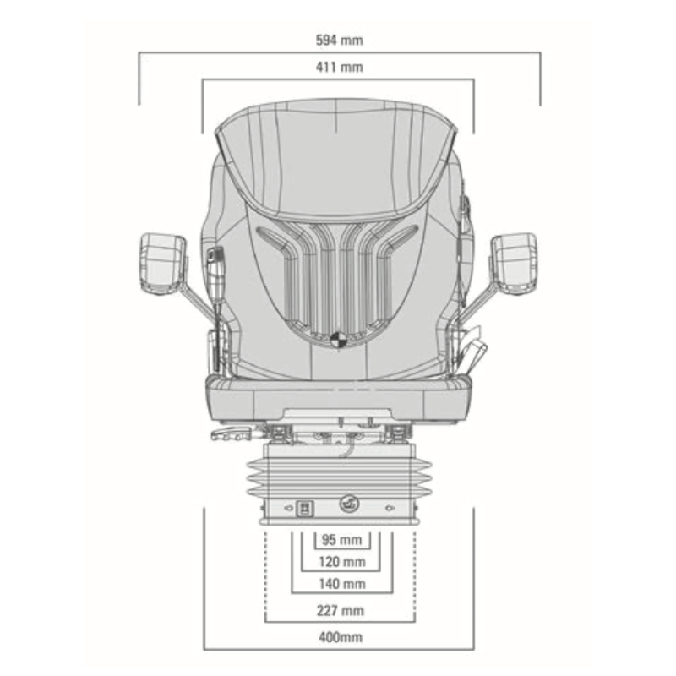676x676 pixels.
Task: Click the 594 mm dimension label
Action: [340, 41]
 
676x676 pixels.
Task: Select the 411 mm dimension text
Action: [340, 68]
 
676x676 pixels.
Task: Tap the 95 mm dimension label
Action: [342, 540]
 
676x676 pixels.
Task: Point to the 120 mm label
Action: [342, 562]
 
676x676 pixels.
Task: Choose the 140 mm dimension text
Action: [342, 584]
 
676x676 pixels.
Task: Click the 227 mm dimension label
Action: [341, 610]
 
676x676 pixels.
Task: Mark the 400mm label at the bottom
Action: [341, 637]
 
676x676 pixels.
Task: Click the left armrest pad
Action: [163, 263]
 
